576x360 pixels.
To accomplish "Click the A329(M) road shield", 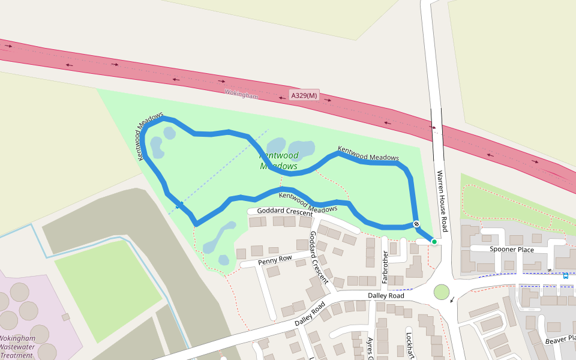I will point(304,95).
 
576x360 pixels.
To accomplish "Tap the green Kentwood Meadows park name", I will point(279,161).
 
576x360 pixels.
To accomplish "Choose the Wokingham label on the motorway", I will point(241,95).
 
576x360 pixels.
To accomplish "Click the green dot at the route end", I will point(434,241).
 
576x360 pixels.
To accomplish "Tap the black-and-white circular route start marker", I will point(416,224).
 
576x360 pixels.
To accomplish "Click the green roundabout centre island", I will point(442,292).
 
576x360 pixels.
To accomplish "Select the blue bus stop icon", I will point(565,276).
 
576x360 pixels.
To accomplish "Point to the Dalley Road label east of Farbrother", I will point(386,296).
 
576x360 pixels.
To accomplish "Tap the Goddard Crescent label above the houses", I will point(284,211).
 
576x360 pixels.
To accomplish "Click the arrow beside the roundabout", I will point(452,300).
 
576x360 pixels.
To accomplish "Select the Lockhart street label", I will point(410,346).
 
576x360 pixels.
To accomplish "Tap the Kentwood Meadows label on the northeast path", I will point(368,154).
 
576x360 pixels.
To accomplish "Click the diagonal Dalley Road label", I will point(310,314).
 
